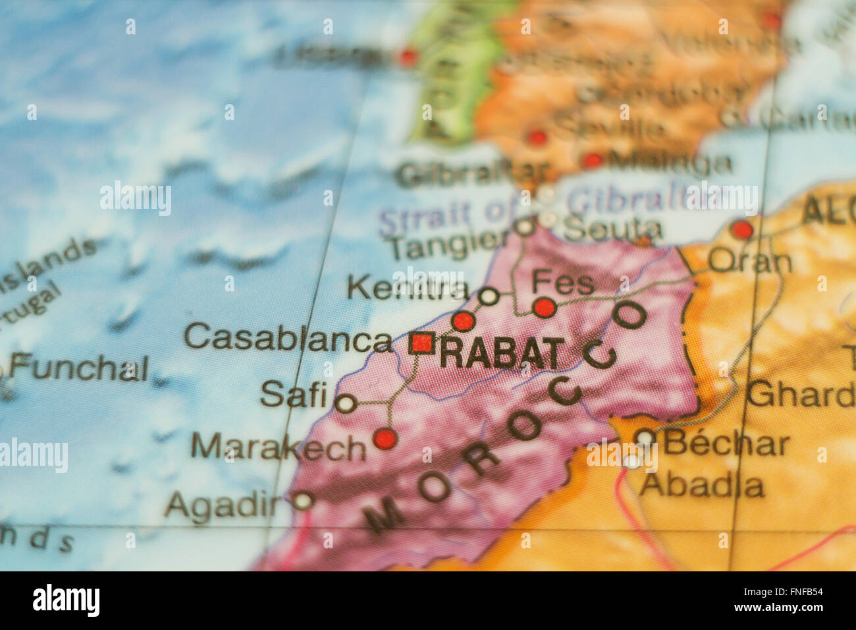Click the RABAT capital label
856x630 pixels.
pos(502,353)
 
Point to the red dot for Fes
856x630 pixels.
pos(545,307)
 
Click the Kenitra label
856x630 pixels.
pos(408,289)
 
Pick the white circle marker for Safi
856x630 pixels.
pos(346,403)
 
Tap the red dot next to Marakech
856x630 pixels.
pos(385,438)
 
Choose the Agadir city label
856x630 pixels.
pos(223,505)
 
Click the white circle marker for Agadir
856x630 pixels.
pos(302,501)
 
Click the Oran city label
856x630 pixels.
pos(750,262)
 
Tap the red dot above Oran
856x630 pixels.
pos(742,230)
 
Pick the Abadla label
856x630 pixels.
pos(702,486)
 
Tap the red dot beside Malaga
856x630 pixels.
pos(593,160)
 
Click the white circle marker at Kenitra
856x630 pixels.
pos(489,297)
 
